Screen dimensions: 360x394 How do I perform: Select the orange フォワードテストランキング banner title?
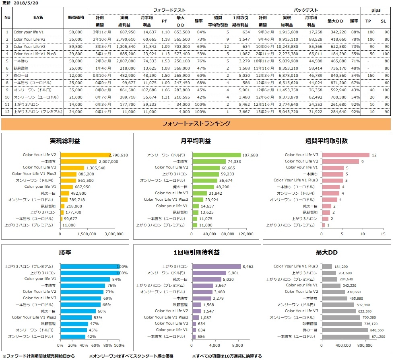click(x=196, y=124)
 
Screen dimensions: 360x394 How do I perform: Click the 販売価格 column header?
click(x=76, y=18)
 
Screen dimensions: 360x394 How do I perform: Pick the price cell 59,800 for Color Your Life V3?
click(x=76, y=47)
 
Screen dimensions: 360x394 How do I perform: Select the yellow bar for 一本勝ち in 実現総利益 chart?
click(x=78, y=161)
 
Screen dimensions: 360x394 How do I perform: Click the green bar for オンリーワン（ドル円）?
click(x=217, y=155)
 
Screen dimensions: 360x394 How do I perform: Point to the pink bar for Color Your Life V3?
click(x=345, y=155)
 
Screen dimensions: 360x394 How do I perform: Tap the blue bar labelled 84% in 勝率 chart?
click(x=85, y=279)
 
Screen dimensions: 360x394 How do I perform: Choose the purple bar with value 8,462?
click(x=217, y=266)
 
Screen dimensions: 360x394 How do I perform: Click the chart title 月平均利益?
click(x=196, y=141)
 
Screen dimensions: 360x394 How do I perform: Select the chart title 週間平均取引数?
click(x=327, y=141)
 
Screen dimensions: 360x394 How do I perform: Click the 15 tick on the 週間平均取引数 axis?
click(x=383, y=233)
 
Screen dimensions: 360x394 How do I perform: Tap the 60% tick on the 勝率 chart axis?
click(x=96, y=345)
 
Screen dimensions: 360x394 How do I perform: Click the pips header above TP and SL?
click(x=376, y=10)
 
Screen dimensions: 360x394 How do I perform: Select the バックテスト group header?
click(x=305, y=10)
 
